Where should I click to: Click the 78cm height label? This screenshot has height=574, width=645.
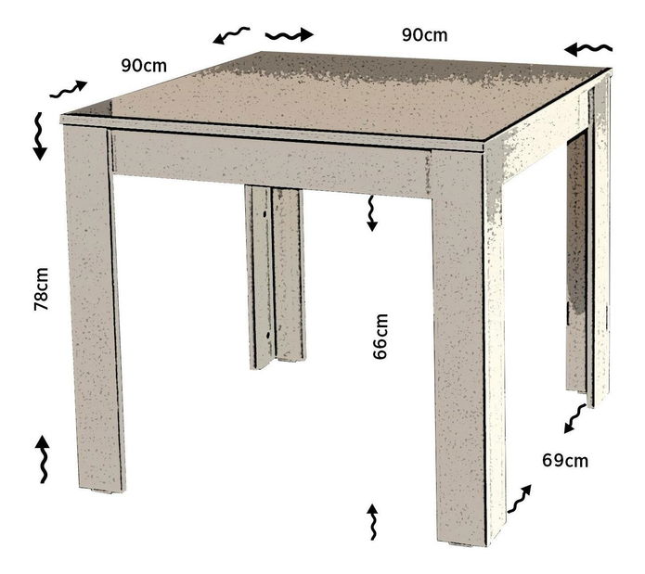point(41,288)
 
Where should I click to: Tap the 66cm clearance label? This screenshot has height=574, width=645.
point(381,337)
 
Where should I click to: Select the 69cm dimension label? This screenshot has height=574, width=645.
point(565,461)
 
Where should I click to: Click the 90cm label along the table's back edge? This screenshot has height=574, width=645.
point(424,35)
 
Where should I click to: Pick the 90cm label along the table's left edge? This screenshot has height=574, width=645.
point(144,65)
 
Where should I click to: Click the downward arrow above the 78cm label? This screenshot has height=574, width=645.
point(40,136)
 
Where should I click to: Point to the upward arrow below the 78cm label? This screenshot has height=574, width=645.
point(42,459)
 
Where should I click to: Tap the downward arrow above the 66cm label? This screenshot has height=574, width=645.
point(372,213)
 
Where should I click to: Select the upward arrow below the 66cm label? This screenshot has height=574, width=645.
point(373,521)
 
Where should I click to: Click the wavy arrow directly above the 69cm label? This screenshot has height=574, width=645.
point(574,418)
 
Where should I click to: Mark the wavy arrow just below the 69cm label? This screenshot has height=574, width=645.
point(519,499)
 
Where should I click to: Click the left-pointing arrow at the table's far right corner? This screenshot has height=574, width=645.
point(588,49)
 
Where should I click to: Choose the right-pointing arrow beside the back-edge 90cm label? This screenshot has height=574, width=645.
point(290,35)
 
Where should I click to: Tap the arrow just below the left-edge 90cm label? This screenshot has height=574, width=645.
point(69,89)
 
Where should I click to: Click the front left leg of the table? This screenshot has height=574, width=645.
point(94,308)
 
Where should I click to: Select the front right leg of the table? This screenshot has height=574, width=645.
point(460,345)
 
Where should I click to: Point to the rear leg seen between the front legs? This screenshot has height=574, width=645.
point(275,277)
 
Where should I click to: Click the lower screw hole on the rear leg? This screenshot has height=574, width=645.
point(268,335)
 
